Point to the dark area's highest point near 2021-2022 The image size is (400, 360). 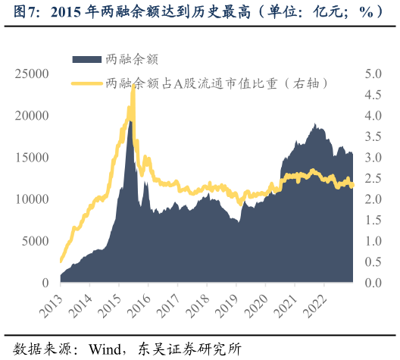(x=314, y=124)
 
